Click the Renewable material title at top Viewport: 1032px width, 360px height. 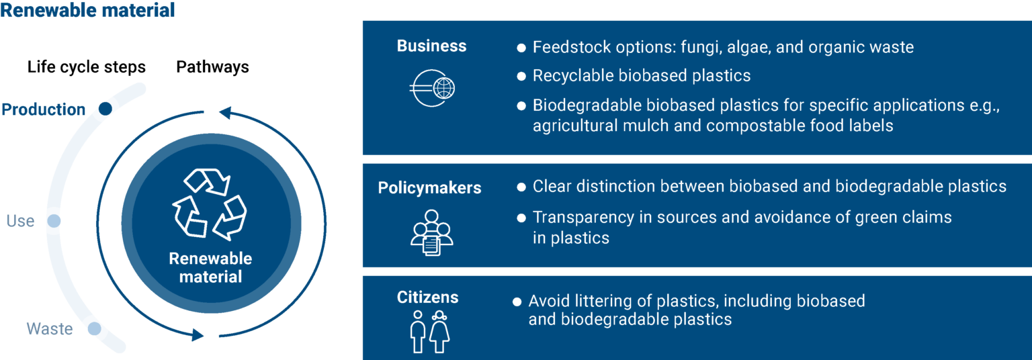pos(87,11)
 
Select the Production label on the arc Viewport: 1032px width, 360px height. pos(44,109)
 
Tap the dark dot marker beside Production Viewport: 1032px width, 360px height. pos(105,108)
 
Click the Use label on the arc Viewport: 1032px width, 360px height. pos(20,220)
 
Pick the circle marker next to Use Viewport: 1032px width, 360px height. pos(54,220)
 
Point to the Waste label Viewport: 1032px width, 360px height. pos(50,329)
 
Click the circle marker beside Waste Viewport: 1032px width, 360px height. pos(94,328)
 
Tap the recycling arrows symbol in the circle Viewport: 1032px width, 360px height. pos(210,204)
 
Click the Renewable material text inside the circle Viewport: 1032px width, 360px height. pos(210,267)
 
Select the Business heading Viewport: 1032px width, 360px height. pos(431,46)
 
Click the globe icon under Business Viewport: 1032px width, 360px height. pos(432,88)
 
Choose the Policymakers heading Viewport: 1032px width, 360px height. pos(429,188)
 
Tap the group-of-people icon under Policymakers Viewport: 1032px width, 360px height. pos(431,232)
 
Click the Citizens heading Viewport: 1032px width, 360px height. pos(427,298)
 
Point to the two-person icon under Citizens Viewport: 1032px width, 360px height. pos(430,331)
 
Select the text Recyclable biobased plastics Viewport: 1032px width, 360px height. pos(642,76)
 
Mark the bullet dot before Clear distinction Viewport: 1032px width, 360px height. pos(521,187)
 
